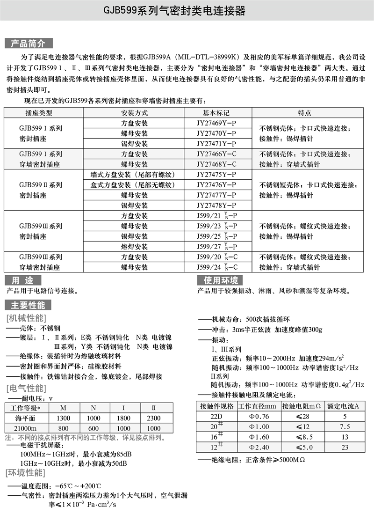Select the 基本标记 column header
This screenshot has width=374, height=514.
[216, 113]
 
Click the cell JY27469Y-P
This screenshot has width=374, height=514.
[216, 124]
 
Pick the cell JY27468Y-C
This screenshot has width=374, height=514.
[216, 164]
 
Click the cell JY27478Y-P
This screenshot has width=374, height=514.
[216, 206]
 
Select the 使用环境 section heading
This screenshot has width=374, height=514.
[220, 280]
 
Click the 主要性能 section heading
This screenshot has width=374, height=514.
[29, 305]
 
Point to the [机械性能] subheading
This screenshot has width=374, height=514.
[26, 318]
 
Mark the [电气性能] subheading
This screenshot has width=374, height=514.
[26, 388]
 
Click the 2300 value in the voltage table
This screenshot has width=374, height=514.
[153, 418]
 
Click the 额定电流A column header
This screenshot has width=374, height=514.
[345, 405]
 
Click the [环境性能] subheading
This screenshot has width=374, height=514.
[26, 472]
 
